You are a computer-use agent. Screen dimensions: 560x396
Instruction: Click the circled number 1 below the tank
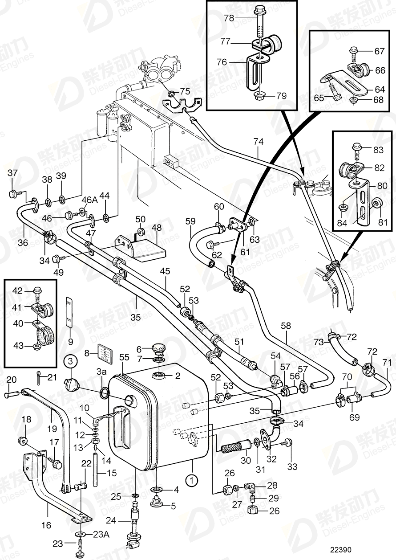[x=191, y=481]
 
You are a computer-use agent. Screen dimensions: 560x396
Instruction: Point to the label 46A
[x=89, y=199]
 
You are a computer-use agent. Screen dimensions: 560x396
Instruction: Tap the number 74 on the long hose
[x=258, y=142]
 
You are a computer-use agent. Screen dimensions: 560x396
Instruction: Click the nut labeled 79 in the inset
[x=259, y=95]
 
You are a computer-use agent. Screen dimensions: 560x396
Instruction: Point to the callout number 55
[x=124, y=357]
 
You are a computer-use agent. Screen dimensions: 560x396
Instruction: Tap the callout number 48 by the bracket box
[x=156, y=227]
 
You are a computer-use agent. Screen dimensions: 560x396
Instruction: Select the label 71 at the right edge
[x=388, y=363]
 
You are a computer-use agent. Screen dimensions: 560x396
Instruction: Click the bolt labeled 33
[x=287, y=442]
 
